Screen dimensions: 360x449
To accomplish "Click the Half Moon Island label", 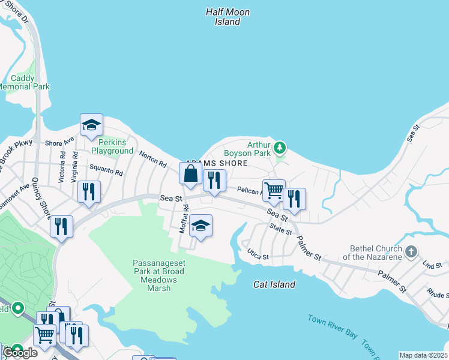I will pyautogui.click(x=228, y=17).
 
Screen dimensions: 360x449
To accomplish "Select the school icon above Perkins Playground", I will pyautogui.click(x=91, y=125).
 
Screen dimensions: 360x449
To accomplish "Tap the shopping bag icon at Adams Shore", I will pyautogui.click(x=190, y=174).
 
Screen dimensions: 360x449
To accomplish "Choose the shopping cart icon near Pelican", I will pyautogui.click(x=274, y=190).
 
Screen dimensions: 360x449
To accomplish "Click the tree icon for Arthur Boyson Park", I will pyautogui.click(x=279, y=147).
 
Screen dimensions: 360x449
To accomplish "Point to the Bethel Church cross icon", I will pyautogui.click(x=411, y=251).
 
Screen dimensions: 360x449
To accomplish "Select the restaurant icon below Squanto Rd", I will pyautogui.click(x=89, y=192).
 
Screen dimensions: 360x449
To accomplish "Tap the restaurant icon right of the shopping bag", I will pyautogui.click(x=214, y=180).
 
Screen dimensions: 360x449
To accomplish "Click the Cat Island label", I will pyautogui.click(x=274, y=284).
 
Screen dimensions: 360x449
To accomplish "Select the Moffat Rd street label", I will pyautogui.click(x=184, y=219).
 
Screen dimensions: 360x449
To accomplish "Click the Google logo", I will pyautogui.click(x=19, y=352).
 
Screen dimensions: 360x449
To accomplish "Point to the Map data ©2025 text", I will pyautogui.click(x=423, y=355).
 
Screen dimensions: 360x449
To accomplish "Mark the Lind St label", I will pyautogui.click(x=431, y=265).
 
